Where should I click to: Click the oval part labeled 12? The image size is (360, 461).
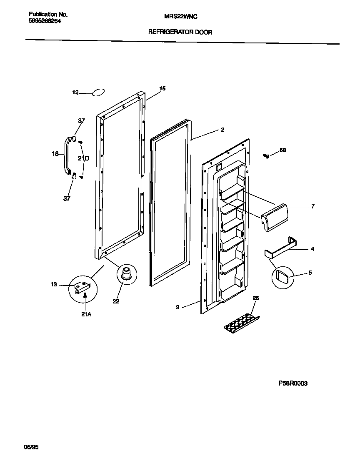pyautogui.click(x=98, y=93)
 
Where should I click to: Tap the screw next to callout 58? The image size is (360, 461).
pyautogui.click(x=265, y=156)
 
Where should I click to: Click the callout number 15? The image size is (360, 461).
pyautogui.click(x=162, y=88)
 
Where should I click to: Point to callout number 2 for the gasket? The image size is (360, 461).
pyautogui.click(x=222, y=130)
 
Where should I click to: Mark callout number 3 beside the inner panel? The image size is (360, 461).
pyautogui.click(x=177, y=307)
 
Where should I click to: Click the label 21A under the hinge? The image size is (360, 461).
pyautogui.click(x=86, y=315)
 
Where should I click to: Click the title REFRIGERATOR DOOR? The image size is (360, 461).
pyautogui.click(x=180, y=32)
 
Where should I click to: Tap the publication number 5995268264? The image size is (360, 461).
pyautogui.click(x=42, y=21)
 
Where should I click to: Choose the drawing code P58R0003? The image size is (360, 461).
pyautogui.click(x=293, y=383)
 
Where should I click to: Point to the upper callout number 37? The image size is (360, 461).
pyautogui.click(x=81, y=121)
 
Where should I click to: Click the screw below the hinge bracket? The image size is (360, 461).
pyautogui.click(x=85, y=296)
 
